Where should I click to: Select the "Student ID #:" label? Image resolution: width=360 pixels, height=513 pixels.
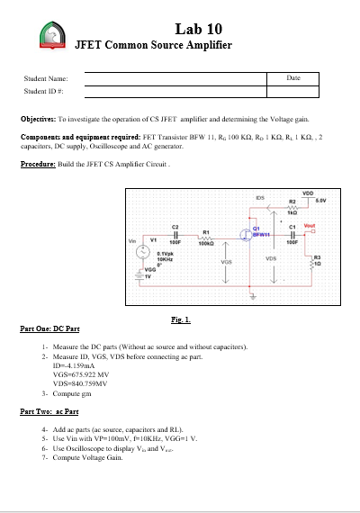pos(44,92)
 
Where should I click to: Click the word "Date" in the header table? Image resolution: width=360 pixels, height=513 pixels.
pos(292,79)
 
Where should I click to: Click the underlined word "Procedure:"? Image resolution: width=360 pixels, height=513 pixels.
pos(40,164)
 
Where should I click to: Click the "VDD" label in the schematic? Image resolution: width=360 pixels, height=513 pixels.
pos(307,192)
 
